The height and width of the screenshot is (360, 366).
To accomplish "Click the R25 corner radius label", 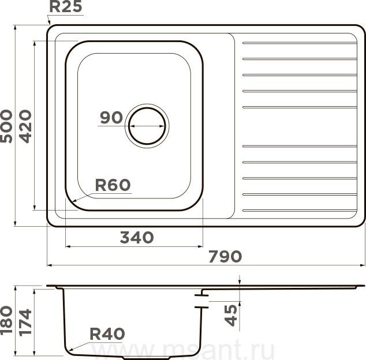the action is click(66, 6).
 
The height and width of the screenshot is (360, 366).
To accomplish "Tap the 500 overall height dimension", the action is click(6, 126).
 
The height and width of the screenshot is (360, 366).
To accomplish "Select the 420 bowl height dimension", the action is click(25, 126).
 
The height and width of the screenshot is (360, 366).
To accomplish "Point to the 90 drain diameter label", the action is click(111, 117).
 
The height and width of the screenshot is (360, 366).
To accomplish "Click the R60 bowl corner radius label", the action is click(113, 185).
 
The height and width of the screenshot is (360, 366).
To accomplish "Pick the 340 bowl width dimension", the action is click(137, 238).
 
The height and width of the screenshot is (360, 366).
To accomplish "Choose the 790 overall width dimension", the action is click(225, 256).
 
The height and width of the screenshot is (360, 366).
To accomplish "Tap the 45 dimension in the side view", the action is click(231, 316).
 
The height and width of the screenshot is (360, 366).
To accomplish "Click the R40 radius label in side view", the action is click(107, 334).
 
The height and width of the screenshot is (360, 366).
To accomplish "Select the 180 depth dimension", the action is click(6, 320).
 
